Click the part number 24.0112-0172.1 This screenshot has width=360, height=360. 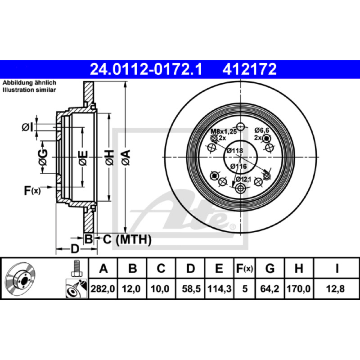point(146,69)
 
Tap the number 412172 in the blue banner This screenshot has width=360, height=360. point(250,69)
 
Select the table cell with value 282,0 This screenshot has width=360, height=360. point(103,288)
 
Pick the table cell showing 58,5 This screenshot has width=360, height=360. point(191,288)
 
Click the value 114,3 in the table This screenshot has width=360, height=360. point(219,288)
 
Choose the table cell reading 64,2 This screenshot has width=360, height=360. point(270,288)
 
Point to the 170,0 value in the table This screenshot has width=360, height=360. point(299,288)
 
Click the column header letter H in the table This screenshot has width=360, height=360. point(299,268)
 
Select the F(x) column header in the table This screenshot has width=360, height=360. point(244,268)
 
